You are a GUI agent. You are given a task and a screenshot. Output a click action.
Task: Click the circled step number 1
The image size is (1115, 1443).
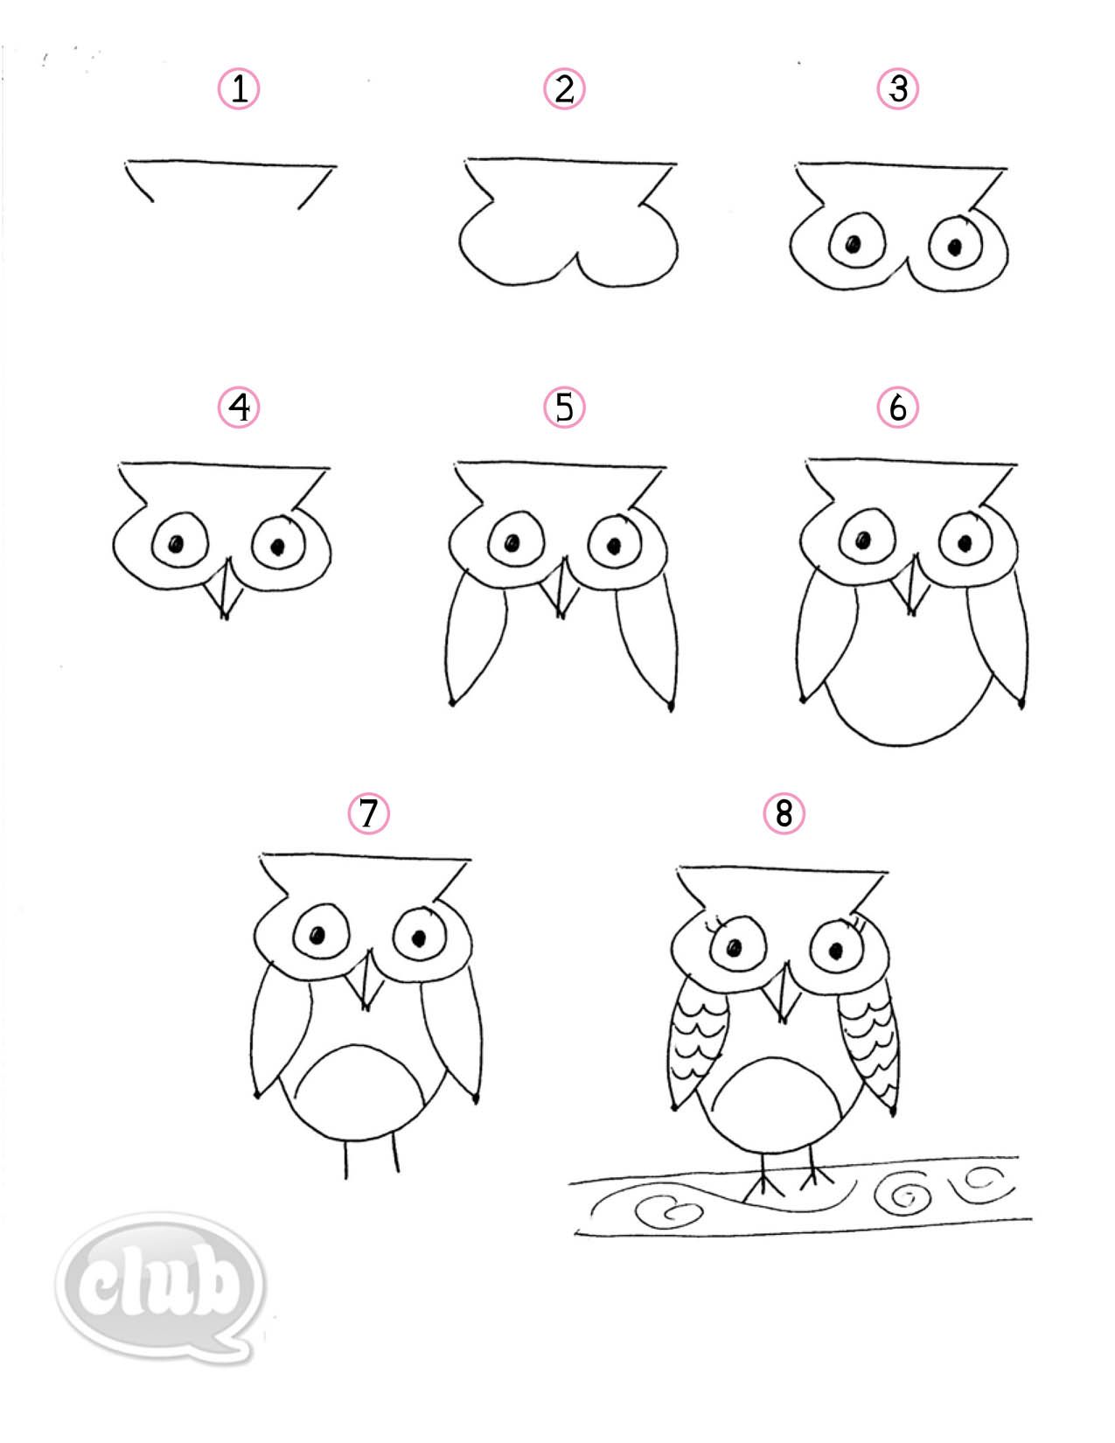(238, 89)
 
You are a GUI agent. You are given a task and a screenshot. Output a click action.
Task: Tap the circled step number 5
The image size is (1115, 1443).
(564, 408)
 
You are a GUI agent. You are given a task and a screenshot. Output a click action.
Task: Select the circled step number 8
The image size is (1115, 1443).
(784, 814)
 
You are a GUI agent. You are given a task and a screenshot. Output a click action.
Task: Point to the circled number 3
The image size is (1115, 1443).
(898, 89)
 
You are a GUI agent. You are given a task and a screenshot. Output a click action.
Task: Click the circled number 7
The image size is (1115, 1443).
(368, 814)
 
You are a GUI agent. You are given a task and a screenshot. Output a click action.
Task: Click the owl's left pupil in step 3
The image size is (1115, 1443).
(851, 245)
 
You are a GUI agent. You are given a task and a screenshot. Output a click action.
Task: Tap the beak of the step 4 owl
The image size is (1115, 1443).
(226, 590)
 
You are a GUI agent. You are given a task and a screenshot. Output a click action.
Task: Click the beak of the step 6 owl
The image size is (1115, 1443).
(912, 588)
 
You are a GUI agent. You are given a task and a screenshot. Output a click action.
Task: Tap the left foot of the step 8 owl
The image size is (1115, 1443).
(763, 1185)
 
